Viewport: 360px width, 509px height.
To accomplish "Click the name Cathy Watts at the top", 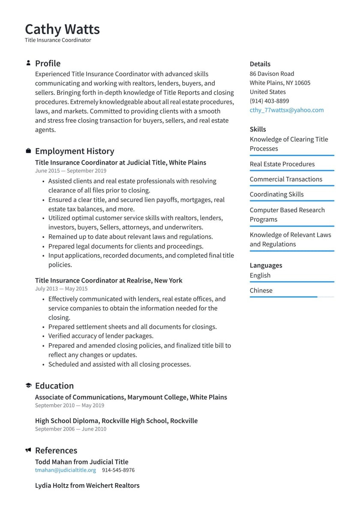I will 62,29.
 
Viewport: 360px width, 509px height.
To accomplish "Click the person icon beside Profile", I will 28,63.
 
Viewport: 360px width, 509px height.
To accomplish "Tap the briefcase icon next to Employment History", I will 28,151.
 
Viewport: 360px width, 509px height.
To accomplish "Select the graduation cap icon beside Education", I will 28,386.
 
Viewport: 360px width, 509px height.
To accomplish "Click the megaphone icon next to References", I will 28,450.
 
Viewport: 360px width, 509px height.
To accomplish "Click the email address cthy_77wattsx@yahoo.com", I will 287,110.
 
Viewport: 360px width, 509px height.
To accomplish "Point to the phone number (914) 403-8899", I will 269,101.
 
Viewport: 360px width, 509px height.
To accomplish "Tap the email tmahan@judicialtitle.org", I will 66,470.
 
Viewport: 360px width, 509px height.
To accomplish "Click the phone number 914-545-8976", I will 118,470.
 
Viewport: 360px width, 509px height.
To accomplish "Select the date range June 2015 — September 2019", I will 71,171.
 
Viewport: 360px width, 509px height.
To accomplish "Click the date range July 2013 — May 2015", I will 61,289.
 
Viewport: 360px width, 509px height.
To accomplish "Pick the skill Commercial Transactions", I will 286,179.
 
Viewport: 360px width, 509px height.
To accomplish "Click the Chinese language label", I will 261,290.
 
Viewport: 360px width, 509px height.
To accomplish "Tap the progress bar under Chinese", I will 291,297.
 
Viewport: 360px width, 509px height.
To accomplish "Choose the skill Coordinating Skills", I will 276,194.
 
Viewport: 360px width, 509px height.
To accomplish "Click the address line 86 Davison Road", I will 272,74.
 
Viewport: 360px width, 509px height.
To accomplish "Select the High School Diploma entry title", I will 116,421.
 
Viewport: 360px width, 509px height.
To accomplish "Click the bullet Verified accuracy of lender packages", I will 101,336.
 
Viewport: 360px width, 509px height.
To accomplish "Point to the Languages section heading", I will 266,265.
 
